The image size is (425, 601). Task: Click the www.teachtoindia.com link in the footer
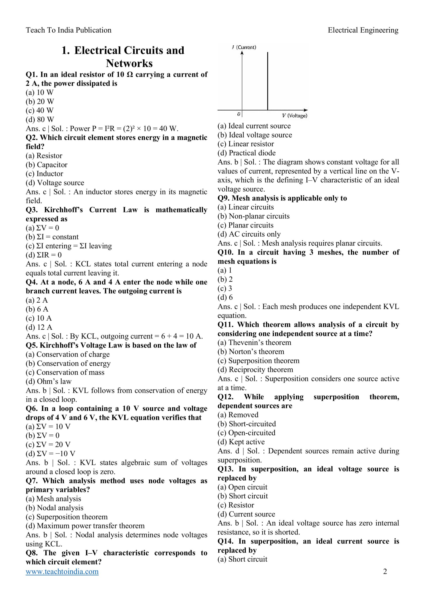coord(62,571)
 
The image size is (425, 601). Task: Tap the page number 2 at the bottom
coord(385,571)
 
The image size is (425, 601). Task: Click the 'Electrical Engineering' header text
coord(363,30)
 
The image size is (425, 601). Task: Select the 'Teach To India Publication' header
coord(69,30)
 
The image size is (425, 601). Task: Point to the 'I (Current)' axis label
coord(244,47)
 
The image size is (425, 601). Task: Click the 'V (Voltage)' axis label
coord(295,116)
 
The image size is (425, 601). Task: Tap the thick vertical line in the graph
coord(267,81)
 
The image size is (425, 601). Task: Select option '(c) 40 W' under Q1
coord(39,111)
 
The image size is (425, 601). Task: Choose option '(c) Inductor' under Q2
coord(44,174)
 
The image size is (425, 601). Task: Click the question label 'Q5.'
coord(32,345)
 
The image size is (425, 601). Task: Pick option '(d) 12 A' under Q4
coord(39,327)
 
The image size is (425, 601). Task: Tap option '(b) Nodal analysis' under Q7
coord(54,508)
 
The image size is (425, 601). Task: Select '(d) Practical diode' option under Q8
coord(246,153)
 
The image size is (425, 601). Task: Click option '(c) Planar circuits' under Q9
coord(245,225)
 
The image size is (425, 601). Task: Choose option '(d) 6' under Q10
coord(225,297)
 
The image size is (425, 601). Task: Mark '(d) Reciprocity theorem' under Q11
coord(255,370)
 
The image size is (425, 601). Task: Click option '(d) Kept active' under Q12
coord(241,442)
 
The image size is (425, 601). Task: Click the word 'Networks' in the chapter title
coord(129,63)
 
